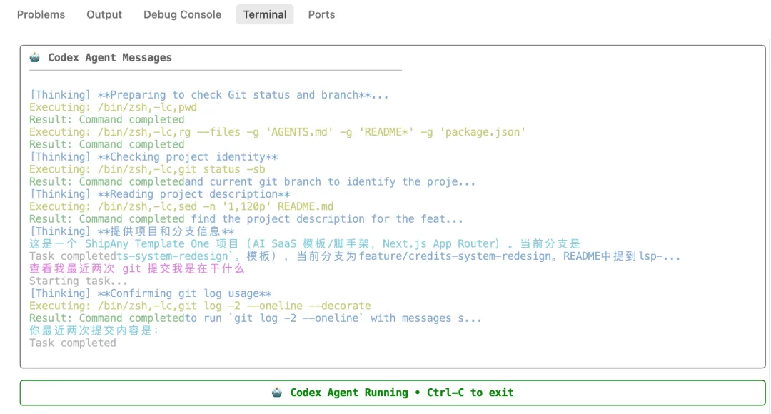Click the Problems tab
point(41,15)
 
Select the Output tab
point(104,15)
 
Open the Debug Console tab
point(183,15)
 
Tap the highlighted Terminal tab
point(265,14)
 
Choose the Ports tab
point(321,15)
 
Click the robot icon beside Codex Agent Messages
point(34,58)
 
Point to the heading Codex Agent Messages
point(110,58)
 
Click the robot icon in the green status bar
point(277,393)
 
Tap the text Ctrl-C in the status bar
point(445,393)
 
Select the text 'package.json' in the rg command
point(483,132)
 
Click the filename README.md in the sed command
point(306,206)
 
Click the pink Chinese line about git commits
point(136,268)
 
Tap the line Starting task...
point(79,281)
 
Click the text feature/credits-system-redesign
point(455,256)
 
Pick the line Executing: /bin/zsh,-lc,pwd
point(113,107)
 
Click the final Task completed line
point(72,343)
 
